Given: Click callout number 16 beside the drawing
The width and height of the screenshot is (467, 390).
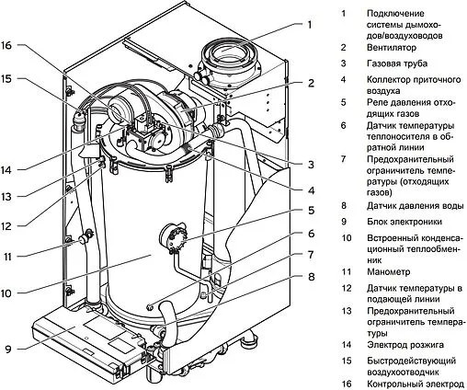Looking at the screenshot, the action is tap(6, 45).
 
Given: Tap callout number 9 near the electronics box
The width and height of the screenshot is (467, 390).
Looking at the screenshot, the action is tap(7, 349).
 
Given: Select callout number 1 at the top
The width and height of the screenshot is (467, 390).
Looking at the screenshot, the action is tap(310, 25).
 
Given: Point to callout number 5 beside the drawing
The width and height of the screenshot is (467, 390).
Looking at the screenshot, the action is tap(311, 211).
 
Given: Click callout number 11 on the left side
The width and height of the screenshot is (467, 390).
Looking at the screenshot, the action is tap(6, 257).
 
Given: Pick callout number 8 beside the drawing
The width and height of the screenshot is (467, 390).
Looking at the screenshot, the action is tap(311, 277).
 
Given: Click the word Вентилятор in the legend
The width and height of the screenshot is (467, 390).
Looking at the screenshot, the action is tap(392, 48).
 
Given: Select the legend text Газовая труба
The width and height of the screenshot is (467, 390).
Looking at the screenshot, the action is tap(397, 63).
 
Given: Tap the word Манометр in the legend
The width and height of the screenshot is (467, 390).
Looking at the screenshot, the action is tap(389, 271).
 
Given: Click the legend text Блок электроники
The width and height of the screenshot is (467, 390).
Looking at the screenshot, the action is tap(404, 222).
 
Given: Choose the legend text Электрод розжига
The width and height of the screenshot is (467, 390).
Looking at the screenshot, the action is tap(405, 345).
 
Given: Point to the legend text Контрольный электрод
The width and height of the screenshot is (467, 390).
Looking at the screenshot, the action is tap(416, 384).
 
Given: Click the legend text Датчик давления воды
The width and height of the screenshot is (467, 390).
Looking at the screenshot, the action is tap(416, 206).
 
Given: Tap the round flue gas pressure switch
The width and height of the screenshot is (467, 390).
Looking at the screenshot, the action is tap(173, 237).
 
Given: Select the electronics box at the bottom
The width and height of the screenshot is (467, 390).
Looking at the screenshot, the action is tap(89, 342).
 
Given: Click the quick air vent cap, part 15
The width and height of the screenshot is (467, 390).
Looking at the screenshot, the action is tap(79, 117).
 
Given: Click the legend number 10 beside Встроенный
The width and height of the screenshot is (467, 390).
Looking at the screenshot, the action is tap(347, 237).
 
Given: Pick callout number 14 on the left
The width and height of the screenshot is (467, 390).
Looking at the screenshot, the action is tap(6, 170).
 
